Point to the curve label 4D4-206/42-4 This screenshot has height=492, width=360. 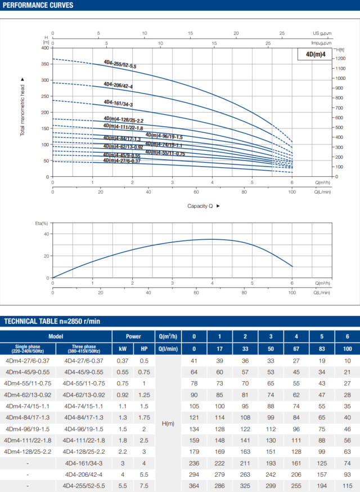pyautogui.click(x=118, y=85)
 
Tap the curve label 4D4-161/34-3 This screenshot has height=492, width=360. pyautogui.click(x=118, y=103)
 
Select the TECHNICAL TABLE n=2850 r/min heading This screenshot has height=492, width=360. pyautogui.click(x=52, y=321)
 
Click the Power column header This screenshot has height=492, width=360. pyautogui.click(x=133, y=336)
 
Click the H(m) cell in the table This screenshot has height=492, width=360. pyautogui.click(x=167, y=422)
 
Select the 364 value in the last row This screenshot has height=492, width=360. pyautogui.click(x=194, y=485)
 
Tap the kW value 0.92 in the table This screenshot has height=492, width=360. pyautogui.click(x=122, y=395)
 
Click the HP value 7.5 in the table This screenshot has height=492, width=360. pyautogui.click(x=144, y=485)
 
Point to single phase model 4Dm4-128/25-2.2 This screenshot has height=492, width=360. pyautogui.click(x=28, y=451)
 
